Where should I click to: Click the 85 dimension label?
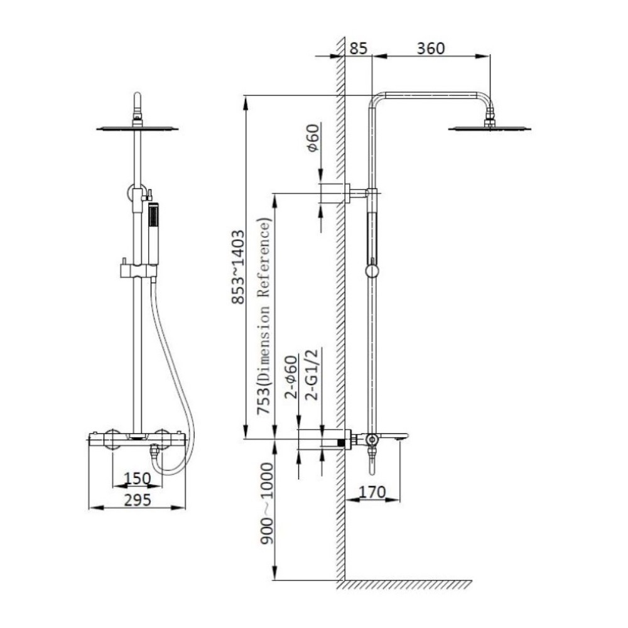[x=358, y=48]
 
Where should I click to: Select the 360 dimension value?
[x=431, y=48]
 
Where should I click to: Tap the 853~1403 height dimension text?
[x=238, y=267]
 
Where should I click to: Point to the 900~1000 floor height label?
[x=266, y=504]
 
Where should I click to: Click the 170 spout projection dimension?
[x=372, y=492]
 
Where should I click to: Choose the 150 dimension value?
[x=138, y=478]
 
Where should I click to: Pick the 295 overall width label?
[x=138, y=500]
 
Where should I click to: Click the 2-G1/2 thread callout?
[x=312, y=375]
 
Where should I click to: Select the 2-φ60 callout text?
[x=292, y=377]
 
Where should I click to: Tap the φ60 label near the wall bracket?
[x=313, y=138]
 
